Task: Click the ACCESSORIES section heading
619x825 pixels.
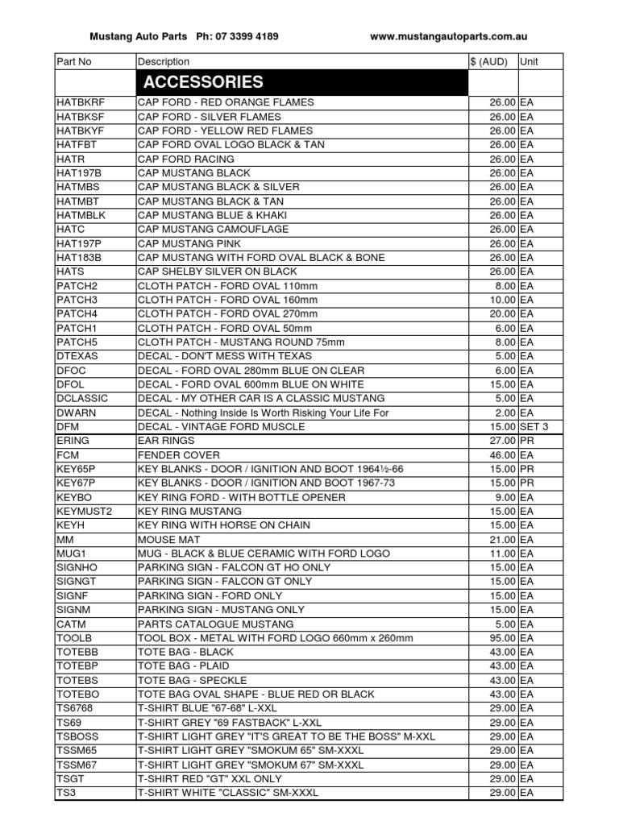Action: tap(203, 82)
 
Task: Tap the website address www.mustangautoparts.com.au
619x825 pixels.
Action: tap(449, 36)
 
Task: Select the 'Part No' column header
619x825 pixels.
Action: tap(74, 62)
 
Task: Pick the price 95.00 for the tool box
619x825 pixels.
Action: tap(503, 638)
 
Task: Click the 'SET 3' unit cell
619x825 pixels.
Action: tap(534, 426)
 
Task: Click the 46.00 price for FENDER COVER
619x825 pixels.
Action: tap(503, 454)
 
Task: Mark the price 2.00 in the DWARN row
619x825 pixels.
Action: tap(505, 412)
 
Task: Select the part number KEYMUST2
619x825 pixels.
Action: tap(84, 511)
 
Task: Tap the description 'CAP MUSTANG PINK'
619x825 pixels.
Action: tap(194, 243)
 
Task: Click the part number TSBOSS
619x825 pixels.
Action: tap(76, 736)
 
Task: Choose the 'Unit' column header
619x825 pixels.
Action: tap(530, 62)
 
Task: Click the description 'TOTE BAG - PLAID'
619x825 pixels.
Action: tap(183, 666)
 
